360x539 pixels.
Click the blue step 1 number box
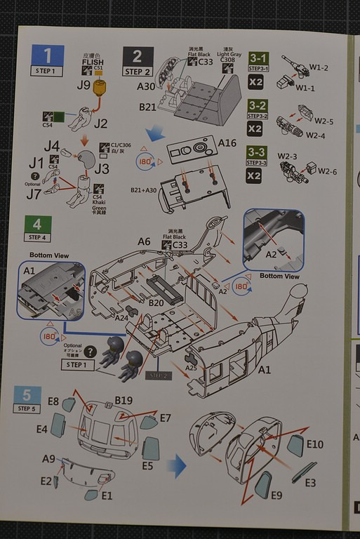48,55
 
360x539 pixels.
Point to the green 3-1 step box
258,58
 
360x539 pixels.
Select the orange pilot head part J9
101,87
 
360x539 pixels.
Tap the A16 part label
227,142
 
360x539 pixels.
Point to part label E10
314,444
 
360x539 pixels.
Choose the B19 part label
124,401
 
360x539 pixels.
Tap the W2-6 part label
327,171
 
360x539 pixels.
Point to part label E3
309,483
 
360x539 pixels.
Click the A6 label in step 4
144,241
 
